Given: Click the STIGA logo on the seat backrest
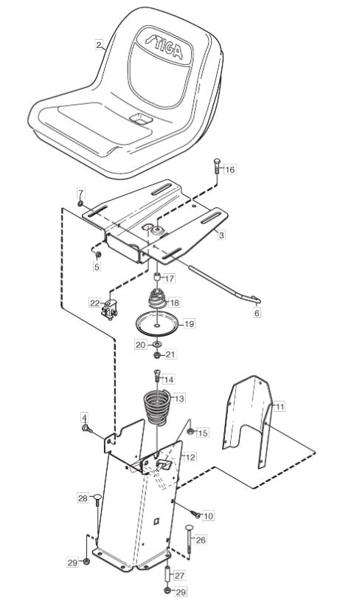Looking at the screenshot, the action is click(164, 46).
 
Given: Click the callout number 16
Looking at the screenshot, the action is click(229, 170).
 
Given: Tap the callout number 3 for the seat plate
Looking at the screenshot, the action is click(221, 235).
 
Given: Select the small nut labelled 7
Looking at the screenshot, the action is click(80, 203).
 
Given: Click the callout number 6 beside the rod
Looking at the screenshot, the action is click(257, 314).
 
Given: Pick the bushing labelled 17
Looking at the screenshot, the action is click(157, 278).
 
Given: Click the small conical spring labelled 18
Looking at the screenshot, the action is click(157, 298).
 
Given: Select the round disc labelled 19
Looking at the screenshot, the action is click(157, 326).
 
